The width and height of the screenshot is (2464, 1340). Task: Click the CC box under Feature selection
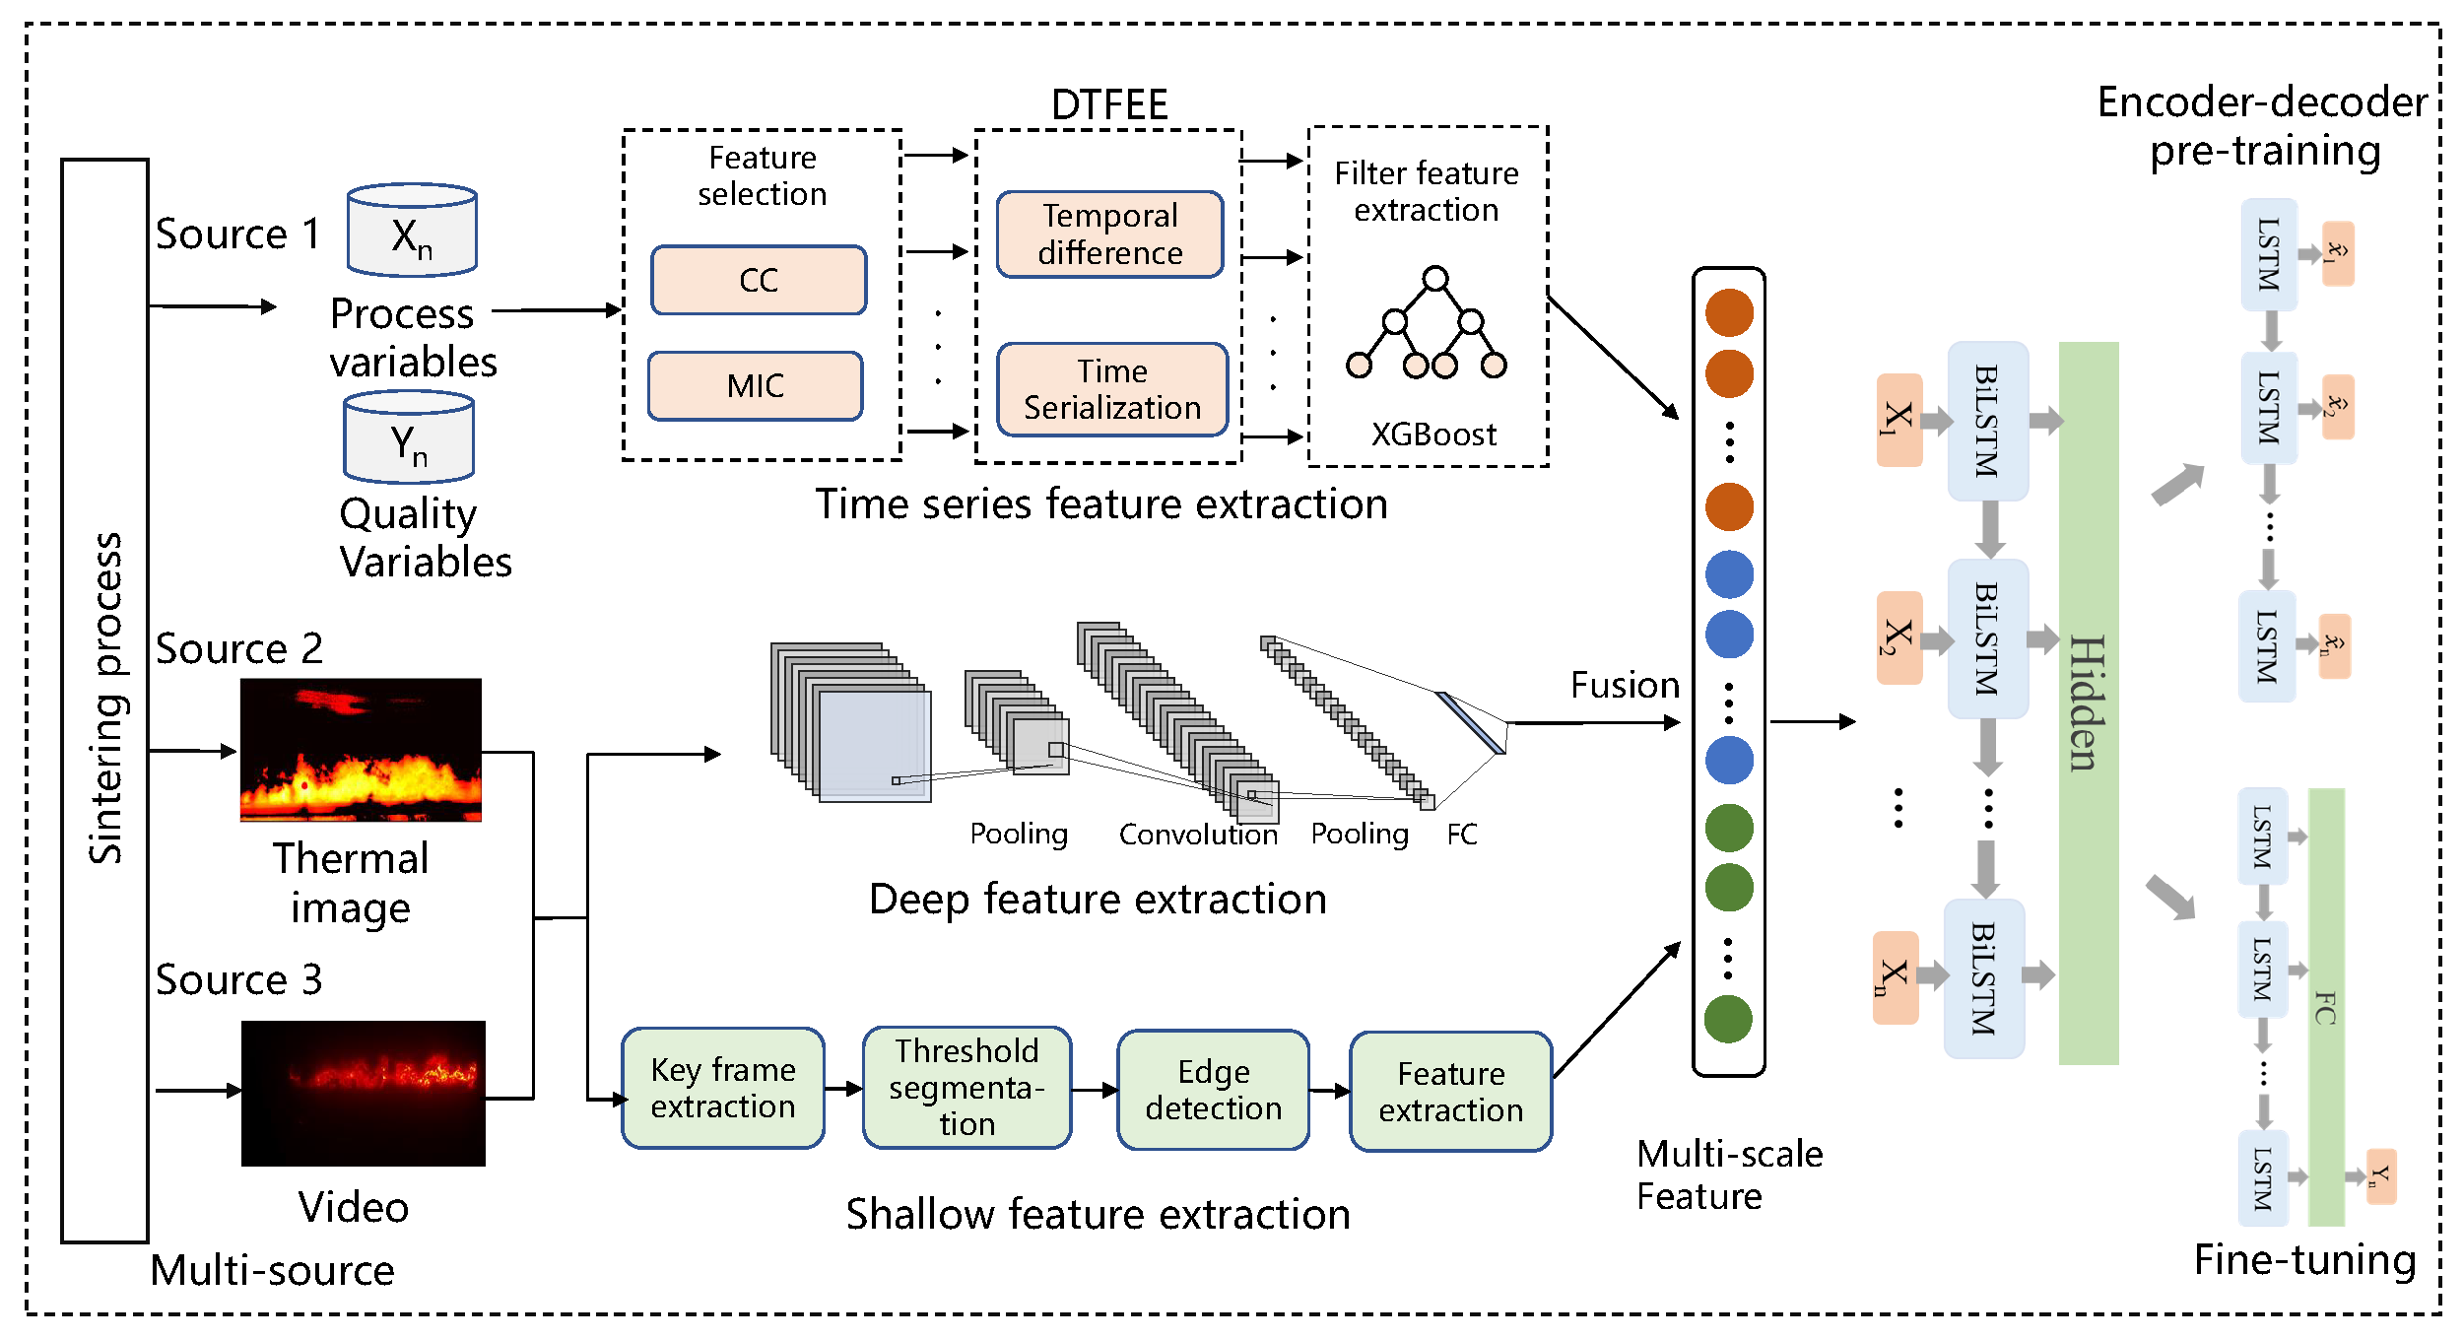click(758, 280)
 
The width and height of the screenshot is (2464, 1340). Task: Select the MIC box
click(755, 385)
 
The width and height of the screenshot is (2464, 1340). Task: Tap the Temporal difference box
click(1109, 234)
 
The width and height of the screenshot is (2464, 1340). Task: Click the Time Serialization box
click(1111, 389)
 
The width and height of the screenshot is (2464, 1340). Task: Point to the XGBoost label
click(1433, 435)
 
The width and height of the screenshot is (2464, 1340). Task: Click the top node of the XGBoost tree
click(1435, 279)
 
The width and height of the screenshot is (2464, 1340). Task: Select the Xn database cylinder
click(412, 231)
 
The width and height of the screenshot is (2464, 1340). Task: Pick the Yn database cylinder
click(409, 437)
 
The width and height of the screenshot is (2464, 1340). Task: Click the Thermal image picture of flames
click(361, 750)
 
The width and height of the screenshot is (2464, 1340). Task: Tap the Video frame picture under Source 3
click(363, 1093)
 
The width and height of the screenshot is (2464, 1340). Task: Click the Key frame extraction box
click(722, 1088)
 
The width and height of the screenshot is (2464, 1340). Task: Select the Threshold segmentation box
click(966, 1087)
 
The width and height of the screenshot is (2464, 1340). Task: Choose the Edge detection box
click(1213, 1090)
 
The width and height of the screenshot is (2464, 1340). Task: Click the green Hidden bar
click(2088, 703)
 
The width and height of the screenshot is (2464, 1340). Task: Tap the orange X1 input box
click(1898, 420)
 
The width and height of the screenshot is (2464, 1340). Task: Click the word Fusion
click(1624, 685)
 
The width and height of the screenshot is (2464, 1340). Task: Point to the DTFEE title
click(1109, 104)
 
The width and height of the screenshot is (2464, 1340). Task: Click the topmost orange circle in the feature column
click(1729, 313)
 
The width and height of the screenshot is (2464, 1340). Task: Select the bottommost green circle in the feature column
click(1728, 1019)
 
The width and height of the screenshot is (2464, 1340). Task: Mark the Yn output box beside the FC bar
click(2379, 1176)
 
